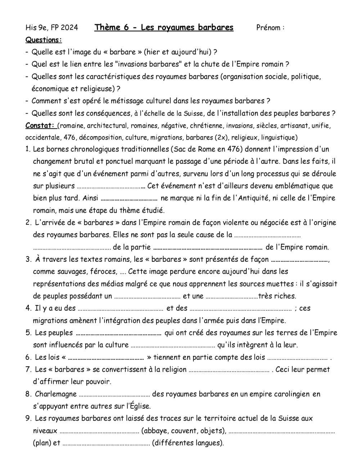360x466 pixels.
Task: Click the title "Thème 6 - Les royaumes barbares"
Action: click(x=164, y=28)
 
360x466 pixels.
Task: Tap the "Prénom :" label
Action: click(x=270, y=28)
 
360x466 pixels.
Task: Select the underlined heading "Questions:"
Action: click(x=44, y=40)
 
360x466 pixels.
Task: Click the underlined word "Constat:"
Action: click(x=40, y=126)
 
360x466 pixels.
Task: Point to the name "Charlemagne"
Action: click(x=55, y=394)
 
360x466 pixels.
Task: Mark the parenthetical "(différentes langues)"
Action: click(x=188, y=443)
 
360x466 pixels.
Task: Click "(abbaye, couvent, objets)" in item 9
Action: click(x=184, y=431)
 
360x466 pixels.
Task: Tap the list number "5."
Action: click(x=29, y=333)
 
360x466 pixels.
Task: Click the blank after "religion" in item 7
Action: click(x=229, y=370)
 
